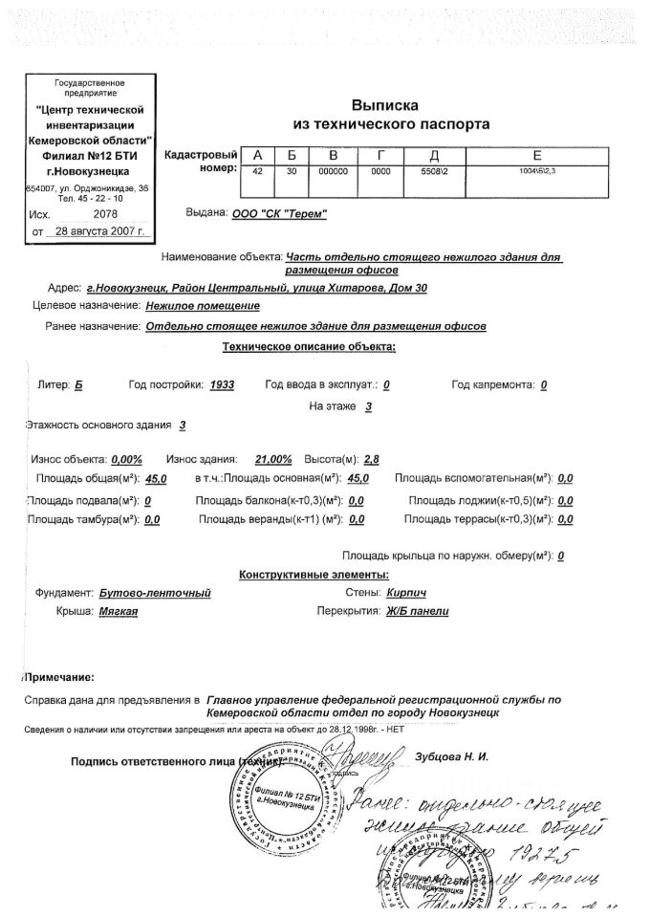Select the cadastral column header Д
434,157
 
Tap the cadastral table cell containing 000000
333,171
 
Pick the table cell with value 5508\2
434,171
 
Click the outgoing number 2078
118,215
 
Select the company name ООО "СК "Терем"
279,213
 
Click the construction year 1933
222,384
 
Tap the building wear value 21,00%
275,458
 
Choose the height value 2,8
358,458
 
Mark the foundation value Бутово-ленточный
155,593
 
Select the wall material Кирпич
406,593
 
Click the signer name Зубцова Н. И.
452,757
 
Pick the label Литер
51,384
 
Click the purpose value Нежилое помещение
203,306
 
